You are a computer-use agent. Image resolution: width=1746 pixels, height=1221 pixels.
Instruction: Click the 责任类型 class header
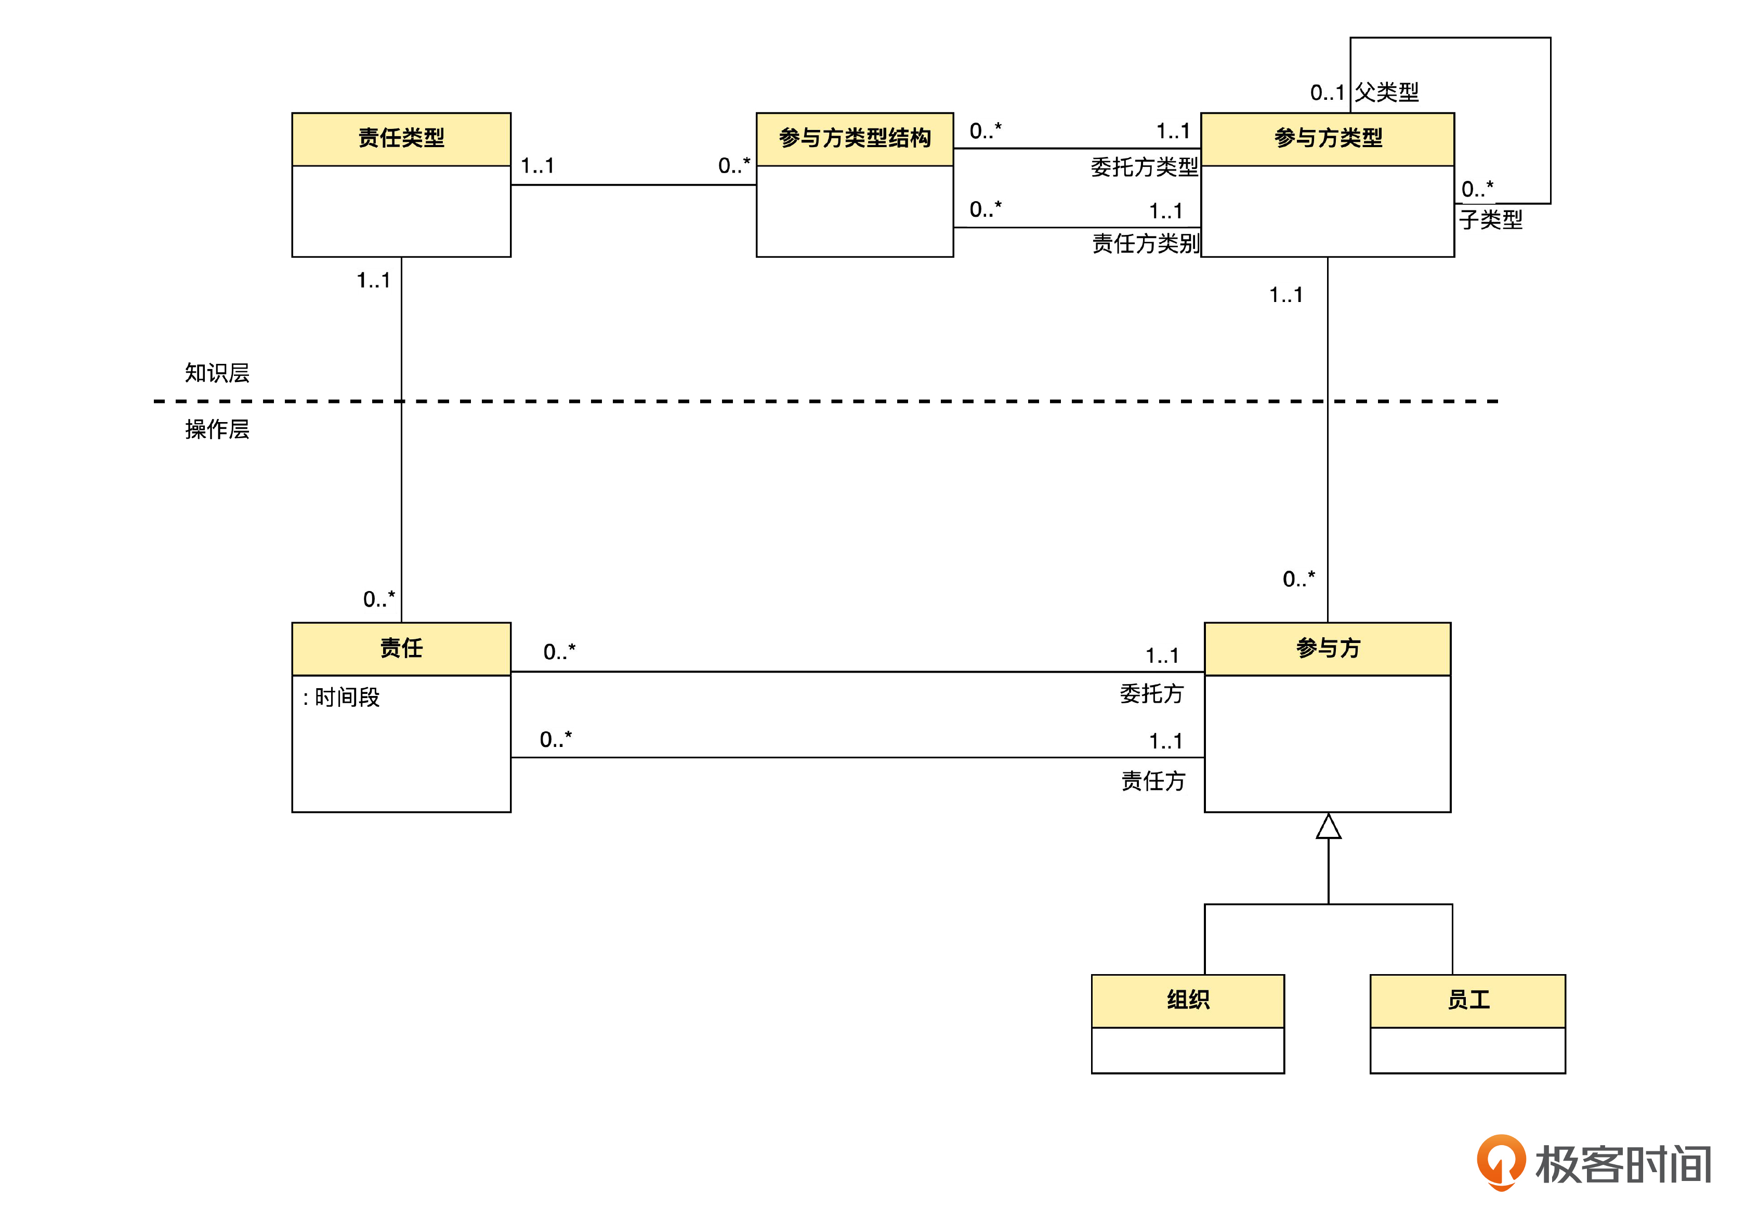pos(401,138)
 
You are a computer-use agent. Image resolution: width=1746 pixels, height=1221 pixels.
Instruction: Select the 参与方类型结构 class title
pos(854,138)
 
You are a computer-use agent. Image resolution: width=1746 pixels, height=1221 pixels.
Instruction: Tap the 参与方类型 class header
pos(1327,138)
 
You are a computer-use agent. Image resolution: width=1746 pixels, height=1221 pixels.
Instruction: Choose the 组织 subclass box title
pos(1187,1000)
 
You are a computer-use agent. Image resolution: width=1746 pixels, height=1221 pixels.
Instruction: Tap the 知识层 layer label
pos(217,373)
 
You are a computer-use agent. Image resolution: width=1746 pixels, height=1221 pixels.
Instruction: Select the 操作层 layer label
pos(217,429)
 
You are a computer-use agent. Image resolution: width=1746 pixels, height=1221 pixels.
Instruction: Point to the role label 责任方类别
pos(1145,243)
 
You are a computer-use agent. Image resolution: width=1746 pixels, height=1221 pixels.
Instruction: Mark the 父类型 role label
pos(1386,92)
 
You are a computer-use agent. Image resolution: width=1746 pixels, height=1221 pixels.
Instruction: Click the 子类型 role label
pos(1490,220)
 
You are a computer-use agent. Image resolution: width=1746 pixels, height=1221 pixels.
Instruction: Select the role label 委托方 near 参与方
pos(1151,693)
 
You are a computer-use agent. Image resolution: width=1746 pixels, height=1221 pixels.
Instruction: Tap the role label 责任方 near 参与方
pos(1153,781)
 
